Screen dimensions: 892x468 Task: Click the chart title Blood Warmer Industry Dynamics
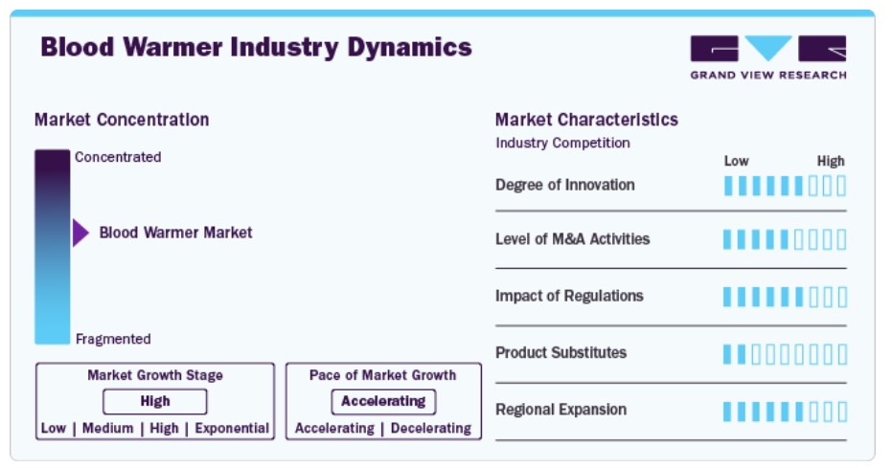tap(256, 47)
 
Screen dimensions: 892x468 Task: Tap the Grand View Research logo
tap(768, 57)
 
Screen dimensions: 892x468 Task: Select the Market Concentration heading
tap(122, 120)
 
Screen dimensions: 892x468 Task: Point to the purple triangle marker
tap(80, 233)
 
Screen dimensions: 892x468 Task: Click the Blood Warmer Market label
tap(175, 233)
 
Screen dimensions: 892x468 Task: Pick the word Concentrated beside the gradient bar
tap(118, 157)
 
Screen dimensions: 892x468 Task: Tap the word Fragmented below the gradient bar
tap(113, 339)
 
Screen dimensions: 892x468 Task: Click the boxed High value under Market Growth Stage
tap(155, 402)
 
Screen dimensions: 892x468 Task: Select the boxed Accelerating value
tap(383, 402)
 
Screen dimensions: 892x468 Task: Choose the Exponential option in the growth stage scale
tap(232, 428)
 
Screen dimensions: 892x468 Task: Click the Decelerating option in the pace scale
tap(431, 428)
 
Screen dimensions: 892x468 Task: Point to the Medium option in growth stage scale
tap(108, 428)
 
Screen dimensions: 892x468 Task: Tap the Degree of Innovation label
tap(565, 185)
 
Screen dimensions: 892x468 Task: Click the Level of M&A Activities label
tap(572, 239)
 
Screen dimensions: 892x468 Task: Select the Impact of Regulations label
tap(569, 296)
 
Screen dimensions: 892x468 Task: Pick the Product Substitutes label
tap(560, 353)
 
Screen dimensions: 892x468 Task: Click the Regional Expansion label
tap(560, 410)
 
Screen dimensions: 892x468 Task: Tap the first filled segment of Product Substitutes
tap(727, 354)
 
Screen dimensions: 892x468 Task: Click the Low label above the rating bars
tap(736, 162)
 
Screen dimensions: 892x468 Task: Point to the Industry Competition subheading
tap(562, 144)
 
